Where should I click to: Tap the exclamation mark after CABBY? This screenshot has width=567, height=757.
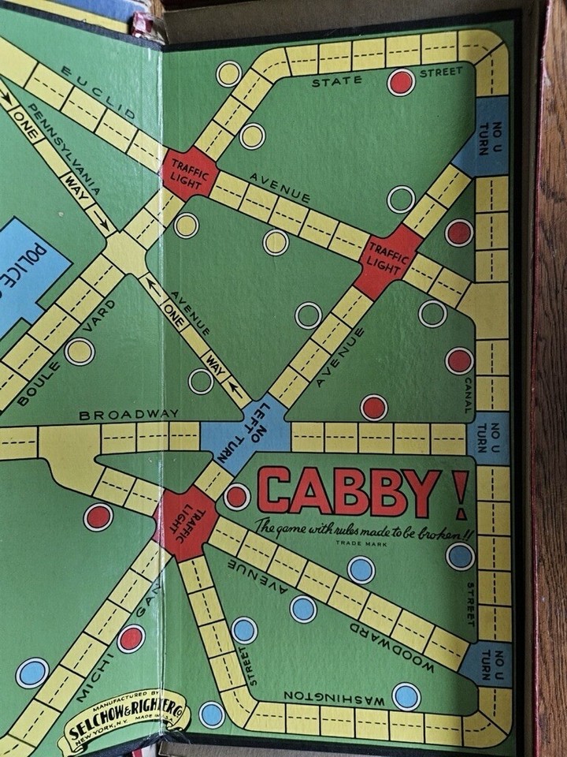coord(460,494)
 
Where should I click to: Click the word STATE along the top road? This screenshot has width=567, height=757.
coord(336,80)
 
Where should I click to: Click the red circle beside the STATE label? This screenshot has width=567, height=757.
coord(401,81)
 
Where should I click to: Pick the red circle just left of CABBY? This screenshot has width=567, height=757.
coord(236,496)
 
